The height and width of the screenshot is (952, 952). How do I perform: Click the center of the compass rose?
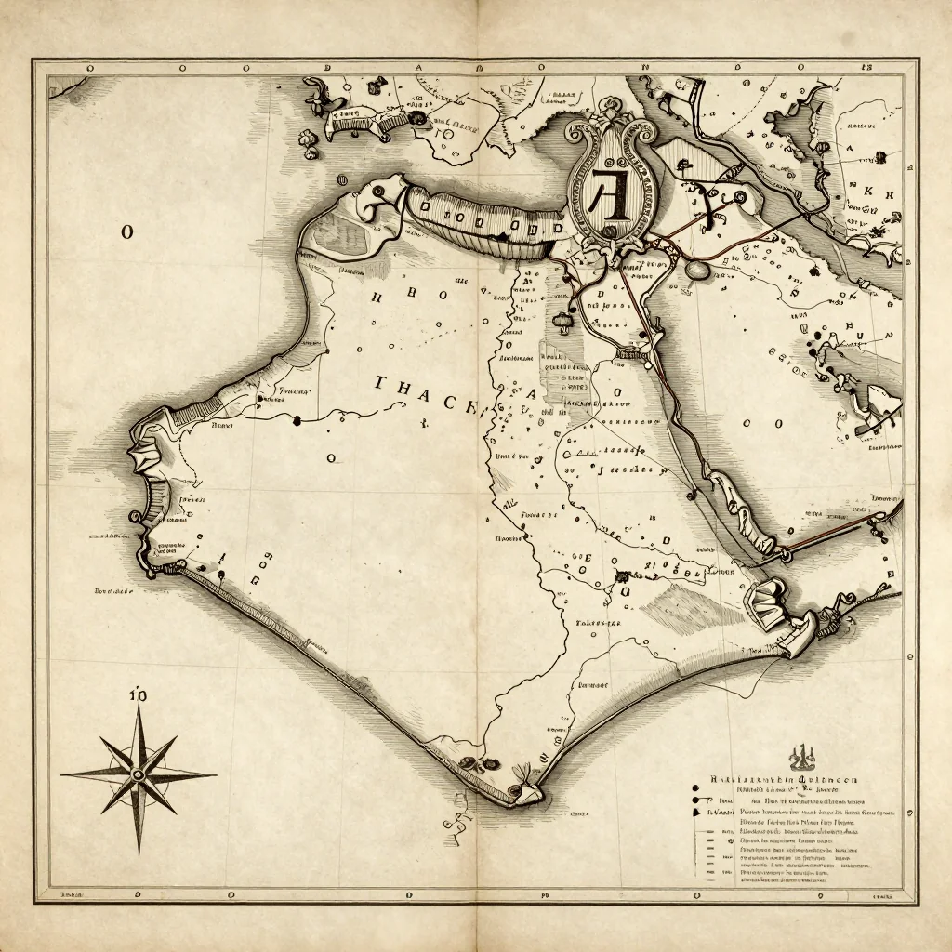(139, 773)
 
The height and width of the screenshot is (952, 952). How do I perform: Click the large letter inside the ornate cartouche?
(609, 192)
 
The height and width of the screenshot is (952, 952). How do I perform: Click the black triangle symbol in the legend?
(695, 812)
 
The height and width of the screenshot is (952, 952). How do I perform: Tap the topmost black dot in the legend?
(695, 786)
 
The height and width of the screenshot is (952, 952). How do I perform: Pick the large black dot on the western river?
(297, 420)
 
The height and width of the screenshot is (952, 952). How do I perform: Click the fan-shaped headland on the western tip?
(147, 456)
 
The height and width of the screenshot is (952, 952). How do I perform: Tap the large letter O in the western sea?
(126, 232)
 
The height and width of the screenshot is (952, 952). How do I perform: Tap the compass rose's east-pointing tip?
(215, 773)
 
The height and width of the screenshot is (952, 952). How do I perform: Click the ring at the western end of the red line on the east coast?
(786, 555)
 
